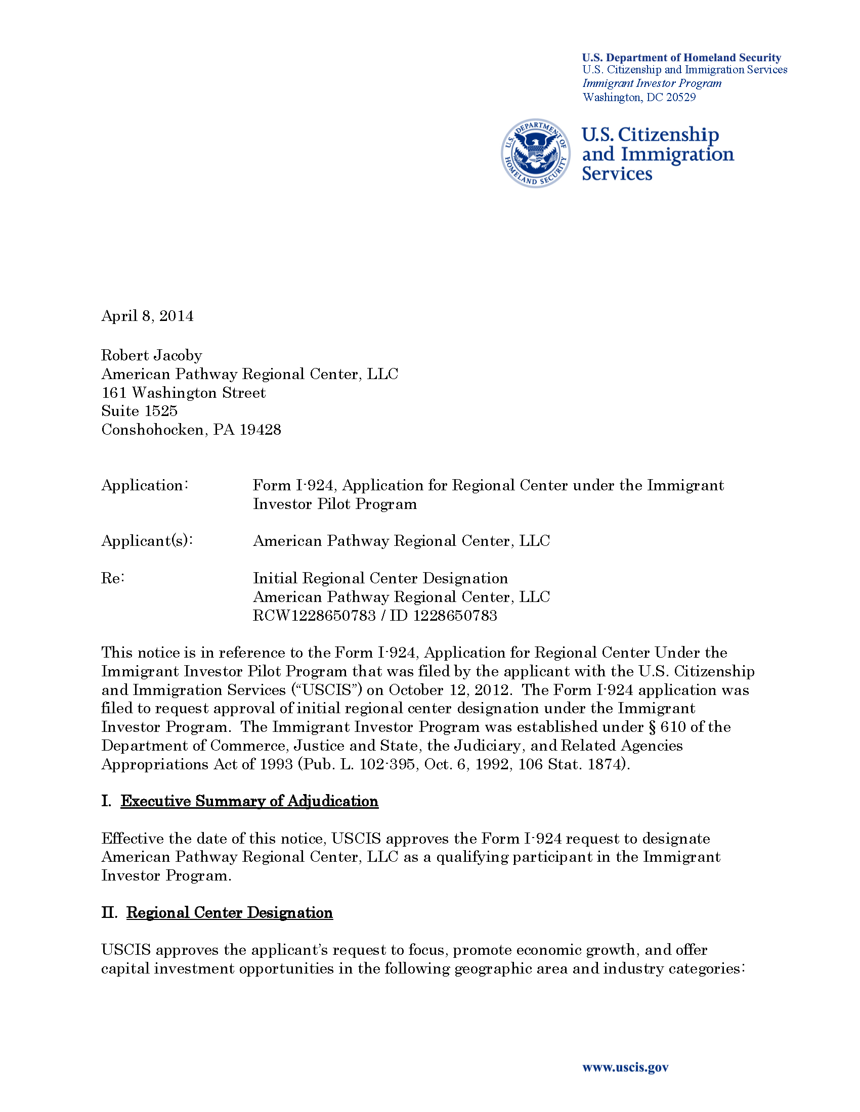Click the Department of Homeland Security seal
(535, 153)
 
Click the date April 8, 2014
(147, 316)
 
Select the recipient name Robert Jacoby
(151, 355)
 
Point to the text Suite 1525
(139, 411)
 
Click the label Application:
(145, 485)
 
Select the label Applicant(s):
(147, 541)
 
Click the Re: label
(113, 578)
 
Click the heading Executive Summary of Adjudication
(249, 801)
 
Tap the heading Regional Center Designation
(229, 912)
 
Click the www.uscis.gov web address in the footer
(625, 1067)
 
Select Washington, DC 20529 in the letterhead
(639, 97)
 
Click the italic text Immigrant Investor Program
(652, 83)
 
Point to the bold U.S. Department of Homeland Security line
(681, 58)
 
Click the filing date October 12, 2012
(449, 690)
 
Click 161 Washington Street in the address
(184, 393)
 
